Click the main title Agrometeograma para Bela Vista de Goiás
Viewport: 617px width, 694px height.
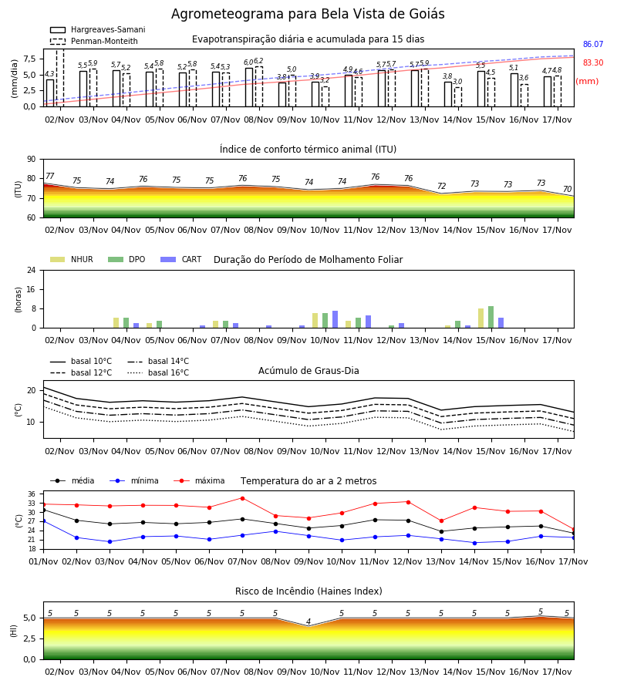(308, 14)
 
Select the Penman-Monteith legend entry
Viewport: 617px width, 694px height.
(94, 41)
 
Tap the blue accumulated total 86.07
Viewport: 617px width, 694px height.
(593, 44)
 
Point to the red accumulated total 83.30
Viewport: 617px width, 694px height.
(593, 63)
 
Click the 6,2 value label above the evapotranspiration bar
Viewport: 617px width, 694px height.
(258, 61)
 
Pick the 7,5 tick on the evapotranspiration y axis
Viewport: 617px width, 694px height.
(29, 59)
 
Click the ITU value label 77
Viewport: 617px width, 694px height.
(50, 176)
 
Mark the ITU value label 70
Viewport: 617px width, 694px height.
(567, 189)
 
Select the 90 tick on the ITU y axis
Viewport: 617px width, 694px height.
(32, 160)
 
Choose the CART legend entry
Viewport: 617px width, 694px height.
(181, 259)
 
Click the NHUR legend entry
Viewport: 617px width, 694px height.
(72, 259)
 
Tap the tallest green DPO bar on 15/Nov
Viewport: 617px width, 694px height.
(491, 317)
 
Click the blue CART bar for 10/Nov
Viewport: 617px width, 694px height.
(335, 319)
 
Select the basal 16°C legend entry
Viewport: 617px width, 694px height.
(158, 372)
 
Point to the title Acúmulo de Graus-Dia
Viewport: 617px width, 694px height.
(308, 371)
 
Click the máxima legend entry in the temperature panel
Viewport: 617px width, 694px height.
(200, 480)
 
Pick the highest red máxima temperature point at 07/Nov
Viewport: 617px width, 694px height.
(242, 498)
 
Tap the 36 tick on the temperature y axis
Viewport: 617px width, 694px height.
(32, 494)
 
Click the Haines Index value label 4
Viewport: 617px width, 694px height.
(308, 622)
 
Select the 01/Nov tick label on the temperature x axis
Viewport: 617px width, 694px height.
(43, 561)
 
